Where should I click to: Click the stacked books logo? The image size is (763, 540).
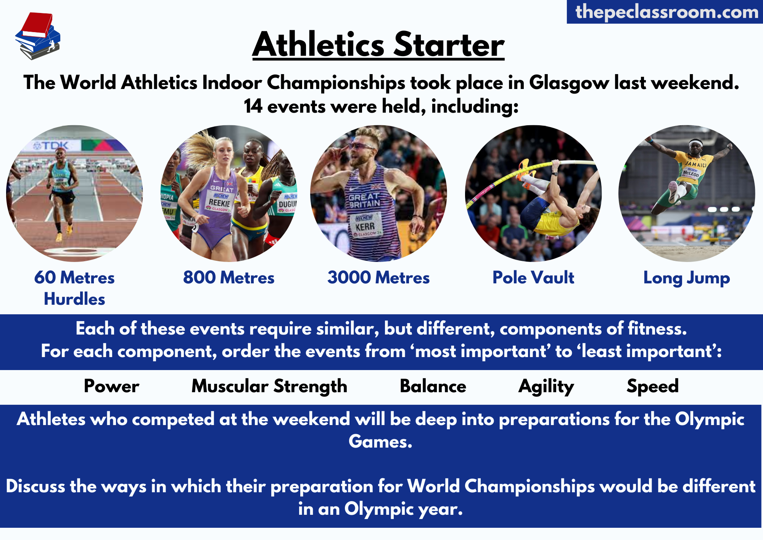coord(37,36)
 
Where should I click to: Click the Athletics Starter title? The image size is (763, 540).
coord(378,45)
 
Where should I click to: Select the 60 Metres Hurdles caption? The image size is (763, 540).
coord(74,288)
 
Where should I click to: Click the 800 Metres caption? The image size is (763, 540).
coord(229,278)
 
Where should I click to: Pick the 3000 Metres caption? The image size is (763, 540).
coord(378,278)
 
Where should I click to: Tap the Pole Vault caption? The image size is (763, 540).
coord(533,278)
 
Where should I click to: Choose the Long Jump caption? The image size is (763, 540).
coord(687,278)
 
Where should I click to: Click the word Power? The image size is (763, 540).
coord(111,386)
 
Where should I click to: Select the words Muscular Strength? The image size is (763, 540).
coord(269,386)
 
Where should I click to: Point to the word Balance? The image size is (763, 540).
coord(433,386)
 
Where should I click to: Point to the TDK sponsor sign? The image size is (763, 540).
coord(51,146)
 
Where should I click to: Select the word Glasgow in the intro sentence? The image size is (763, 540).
coord(569,83)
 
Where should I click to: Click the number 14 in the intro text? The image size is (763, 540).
coord(253,106)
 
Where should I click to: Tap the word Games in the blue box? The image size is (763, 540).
coord(380,441)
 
